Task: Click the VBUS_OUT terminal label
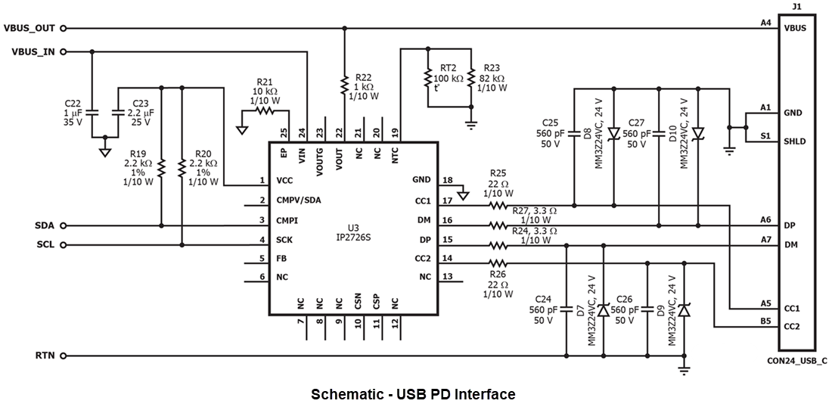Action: (29, 28)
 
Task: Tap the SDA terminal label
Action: (44, 225)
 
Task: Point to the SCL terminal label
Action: (45, 245)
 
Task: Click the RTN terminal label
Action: (45, 356)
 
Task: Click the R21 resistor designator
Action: (265, 81)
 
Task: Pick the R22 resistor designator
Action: (364, 76)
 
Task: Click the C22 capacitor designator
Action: (72, 103)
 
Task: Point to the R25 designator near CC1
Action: (498, 172)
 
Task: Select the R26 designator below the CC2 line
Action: (497, 274)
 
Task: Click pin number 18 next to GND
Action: (449, 180)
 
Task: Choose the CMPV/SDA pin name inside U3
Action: (299, 200)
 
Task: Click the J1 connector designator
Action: (796, 8)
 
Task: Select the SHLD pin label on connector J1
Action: (795, 141)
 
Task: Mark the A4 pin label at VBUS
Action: (765, 23)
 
